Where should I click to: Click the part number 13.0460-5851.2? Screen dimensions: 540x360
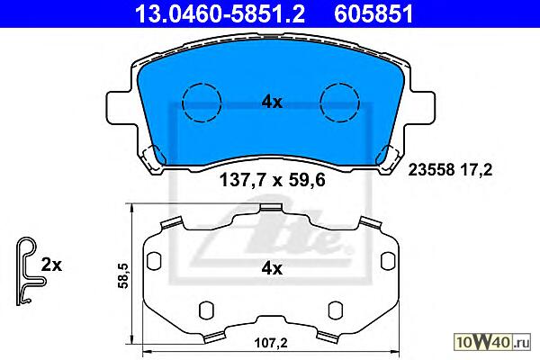(x=220, y=14)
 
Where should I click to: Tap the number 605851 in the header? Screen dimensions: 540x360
(x=373, y=14)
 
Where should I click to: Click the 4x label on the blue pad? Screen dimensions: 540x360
(x=272, y=102)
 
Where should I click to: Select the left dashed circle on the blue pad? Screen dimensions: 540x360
(x=202, y=103)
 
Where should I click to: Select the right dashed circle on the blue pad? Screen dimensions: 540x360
(x=339, y=103)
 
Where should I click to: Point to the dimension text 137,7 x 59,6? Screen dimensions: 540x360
(x=272, y=180)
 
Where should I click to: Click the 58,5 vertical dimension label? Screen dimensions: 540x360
(x=123, y=274)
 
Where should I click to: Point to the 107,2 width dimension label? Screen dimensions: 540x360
(x=271, y=343)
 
